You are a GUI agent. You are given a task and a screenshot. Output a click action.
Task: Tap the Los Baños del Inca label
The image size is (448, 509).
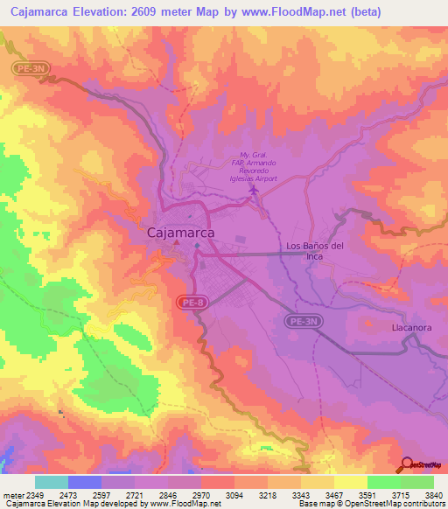point(316,251)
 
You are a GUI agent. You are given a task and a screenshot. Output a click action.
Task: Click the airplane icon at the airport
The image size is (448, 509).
point(255,189)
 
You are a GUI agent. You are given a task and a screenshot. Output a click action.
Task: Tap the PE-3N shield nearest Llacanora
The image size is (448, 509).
point(304,322)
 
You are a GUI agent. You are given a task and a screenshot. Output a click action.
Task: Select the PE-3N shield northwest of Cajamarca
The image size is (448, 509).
point(27,68)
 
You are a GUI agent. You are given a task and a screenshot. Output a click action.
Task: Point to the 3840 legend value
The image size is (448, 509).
point(433,496)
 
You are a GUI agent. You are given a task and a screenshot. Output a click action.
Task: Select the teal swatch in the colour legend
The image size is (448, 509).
point(51,482)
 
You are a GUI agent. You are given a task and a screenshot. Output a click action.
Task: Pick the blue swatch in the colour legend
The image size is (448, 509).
point(84,482)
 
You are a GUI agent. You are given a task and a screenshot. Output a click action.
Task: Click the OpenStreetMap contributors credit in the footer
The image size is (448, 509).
point(388,505)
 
